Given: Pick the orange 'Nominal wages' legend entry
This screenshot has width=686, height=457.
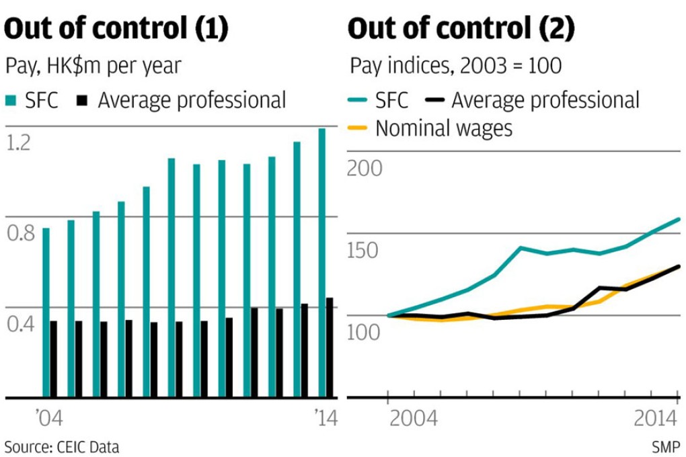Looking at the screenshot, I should [x=430, y=128].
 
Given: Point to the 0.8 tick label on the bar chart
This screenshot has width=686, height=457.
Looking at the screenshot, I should [x=21, y=233].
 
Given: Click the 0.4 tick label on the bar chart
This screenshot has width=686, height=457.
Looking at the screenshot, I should [x=21, y=325].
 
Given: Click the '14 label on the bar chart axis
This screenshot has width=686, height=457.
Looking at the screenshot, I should [x=325, y=419].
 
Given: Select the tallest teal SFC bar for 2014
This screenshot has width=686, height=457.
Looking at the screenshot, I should [x=321, y=262].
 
